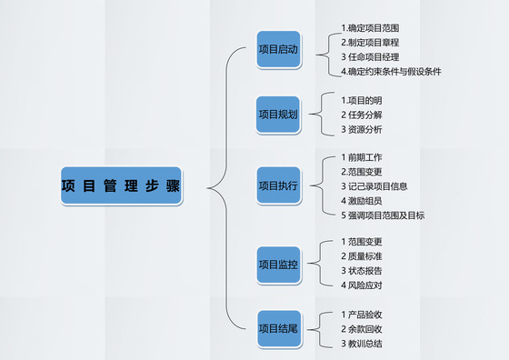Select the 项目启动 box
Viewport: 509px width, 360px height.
277,49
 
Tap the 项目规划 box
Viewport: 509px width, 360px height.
277,115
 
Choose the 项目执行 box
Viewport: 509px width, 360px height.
277,185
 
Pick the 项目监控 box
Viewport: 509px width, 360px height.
277,265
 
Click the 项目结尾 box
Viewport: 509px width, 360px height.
277,328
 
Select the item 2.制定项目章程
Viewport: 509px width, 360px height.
369,42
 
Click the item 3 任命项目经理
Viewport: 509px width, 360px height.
369,56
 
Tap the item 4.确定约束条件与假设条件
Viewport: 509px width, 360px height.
391,71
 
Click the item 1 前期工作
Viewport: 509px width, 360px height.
362,157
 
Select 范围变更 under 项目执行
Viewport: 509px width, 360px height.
362,172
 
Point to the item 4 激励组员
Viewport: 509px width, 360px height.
362,201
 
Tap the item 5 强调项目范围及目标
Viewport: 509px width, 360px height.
382,215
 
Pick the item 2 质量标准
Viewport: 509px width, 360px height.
362,256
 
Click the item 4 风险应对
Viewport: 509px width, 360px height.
362,285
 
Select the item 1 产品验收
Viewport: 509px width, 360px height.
362,315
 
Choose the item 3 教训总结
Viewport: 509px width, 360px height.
362,344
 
